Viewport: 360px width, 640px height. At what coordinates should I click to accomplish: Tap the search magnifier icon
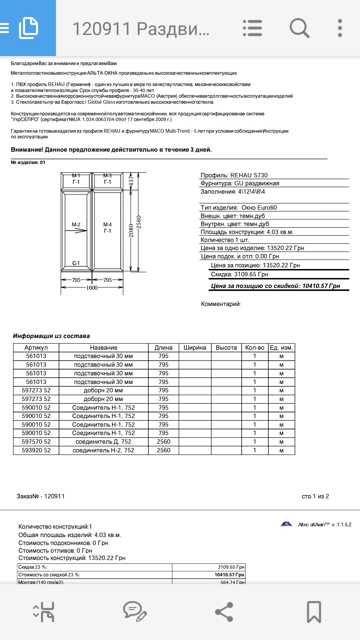pyautogui.click(x=299, y=28)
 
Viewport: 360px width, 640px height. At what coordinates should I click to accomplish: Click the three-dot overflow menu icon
pyautogui.click(x=340, y=28)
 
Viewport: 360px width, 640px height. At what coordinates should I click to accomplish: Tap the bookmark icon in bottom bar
pyautogui.click(x=314, y=612)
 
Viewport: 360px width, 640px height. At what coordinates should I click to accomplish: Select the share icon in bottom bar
pyautogui.click(x=224, y=612)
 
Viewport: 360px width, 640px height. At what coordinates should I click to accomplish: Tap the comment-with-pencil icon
pyautogui.click(x=135, y=612)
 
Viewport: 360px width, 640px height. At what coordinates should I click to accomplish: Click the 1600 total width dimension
pyautogui.click(x=92, y=288)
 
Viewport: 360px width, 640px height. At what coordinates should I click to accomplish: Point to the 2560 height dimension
pyautogui.click(x=139, y=222)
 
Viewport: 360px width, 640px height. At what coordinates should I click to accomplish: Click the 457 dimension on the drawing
pyautogui.click(x=131, y=181)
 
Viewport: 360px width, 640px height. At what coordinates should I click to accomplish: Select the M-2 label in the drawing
pyautogui.click(x=76, y=225)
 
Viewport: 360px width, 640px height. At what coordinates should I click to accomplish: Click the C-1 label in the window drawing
pyautogui.click(x=76, y=263)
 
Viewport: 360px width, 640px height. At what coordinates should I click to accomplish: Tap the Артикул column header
pyautogui.click(x=36, y=348)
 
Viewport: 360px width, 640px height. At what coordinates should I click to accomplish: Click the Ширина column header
pyautogui.click(x=195, y=348)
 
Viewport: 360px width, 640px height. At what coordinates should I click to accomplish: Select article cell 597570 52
pyautogui.click(x=36, y=442)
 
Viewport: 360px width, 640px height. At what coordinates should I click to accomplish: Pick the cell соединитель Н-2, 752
pyautogui.click(x=103, y=450)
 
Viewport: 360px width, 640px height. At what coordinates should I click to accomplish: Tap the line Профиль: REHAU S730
pyautogui.click(x=234, y=175)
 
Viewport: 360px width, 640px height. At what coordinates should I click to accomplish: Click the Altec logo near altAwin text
pyautogui.click(x=286, y=524)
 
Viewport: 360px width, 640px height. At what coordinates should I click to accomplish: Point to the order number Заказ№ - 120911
pyautogui.click(x=41, y=496)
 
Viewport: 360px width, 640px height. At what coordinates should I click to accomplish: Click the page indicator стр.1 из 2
pyautogui.click(x=315, y=496)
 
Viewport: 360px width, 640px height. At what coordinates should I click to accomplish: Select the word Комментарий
pyautogui.click(x=221, y=304)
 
